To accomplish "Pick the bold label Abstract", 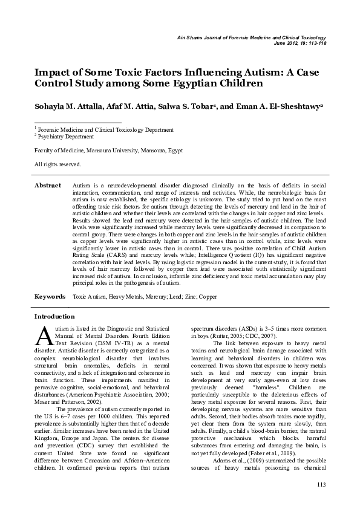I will point(48,185).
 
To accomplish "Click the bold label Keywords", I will point(50,297).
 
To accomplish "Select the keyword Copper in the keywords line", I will point(207,297).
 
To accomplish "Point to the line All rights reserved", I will point(57,164).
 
